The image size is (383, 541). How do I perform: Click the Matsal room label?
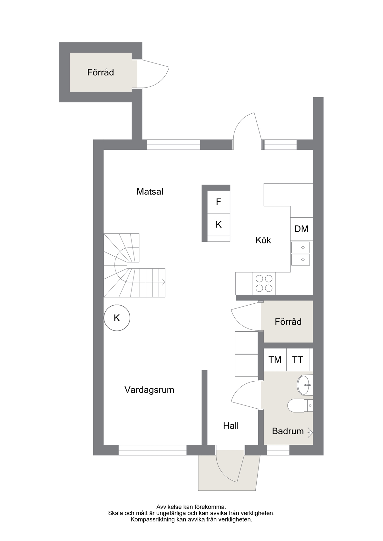(x=150, y=192)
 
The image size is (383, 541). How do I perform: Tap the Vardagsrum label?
(x=149, y=390)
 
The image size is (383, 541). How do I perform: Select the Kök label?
(x=263, y=240)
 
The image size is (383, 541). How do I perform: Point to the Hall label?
(x=231, y=426)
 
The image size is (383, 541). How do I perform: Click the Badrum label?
(x=288, y=431)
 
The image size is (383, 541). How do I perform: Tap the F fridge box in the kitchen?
(x=219, y=202)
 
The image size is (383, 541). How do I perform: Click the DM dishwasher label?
(x=301, y=229)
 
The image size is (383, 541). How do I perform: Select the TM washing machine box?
(x=275, y=360)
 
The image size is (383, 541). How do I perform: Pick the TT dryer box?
(x=298, y=360)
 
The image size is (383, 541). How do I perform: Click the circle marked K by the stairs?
(x=117, y=318)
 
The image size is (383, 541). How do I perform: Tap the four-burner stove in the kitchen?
(x=264, y=283)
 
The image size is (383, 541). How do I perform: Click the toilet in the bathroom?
(x=300, y=405)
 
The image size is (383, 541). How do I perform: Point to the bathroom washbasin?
(x=305, y=385)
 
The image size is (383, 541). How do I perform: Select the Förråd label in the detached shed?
(x=101, y=72)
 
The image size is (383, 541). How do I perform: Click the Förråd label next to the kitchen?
(x=288, y=322)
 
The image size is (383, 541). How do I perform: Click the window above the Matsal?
(x=173, y=145)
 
